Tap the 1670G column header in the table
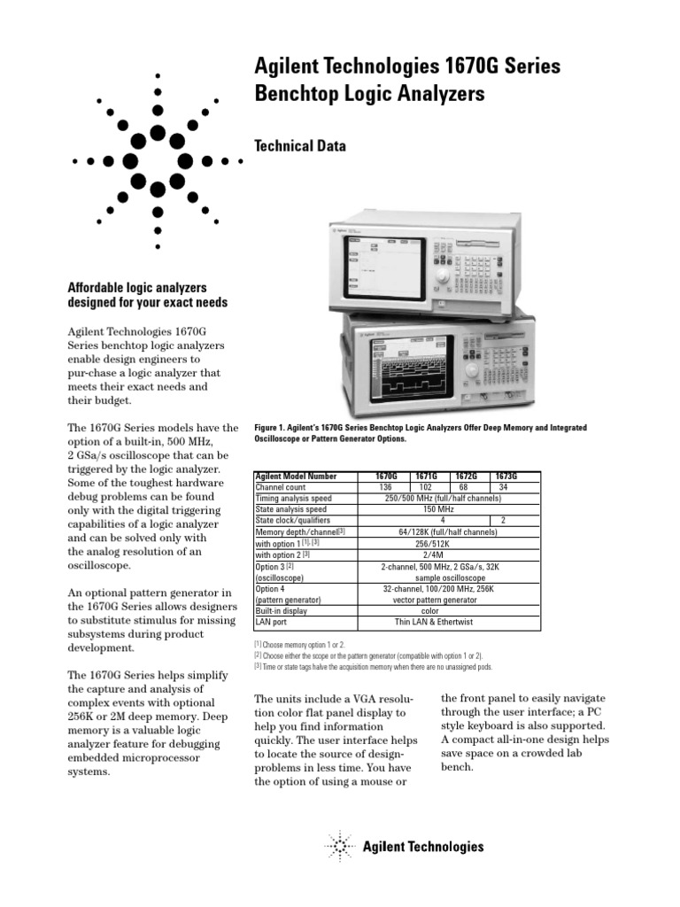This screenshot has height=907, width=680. point(385,476)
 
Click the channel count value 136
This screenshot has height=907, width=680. point(385,487)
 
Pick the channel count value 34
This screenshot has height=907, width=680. point(503,487)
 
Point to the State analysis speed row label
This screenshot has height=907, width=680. point(290,509)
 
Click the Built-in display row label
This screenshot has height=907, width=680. point(282,611)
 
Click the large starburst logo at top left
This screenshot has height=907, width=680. point(157,161)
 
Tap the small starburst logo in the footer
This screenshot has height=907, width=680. point(339,847)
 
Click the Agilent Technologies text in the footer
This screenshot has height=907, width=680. point(423,847)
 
